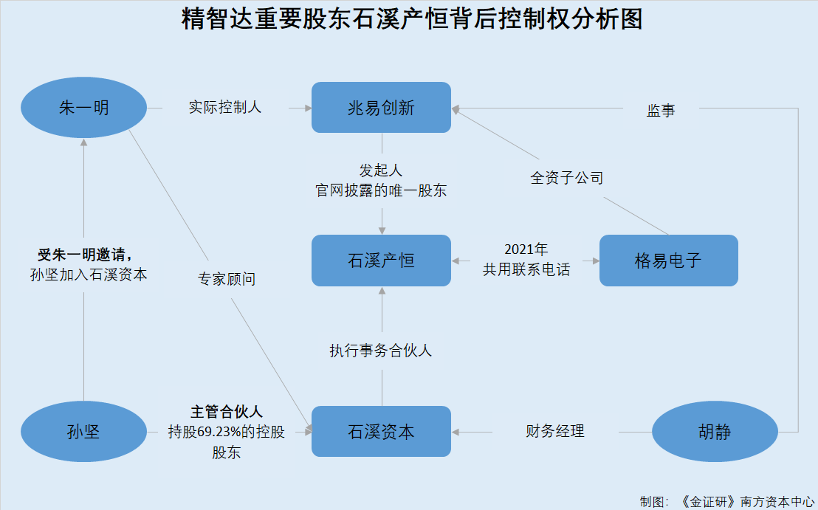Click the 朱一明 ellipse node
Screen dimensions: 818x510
pyautogui.click(x=83, y=108)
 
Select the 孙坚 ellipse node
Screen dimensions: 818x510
pyautogui.click(x=83, y=432)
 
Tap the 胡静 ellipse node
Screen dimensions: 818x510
pyautogui.click(x=715, y=432)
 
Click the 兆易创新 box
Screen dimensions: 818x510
pyautogui.click(x=382, y=108)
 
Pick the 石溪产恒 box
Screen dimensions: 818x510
pyautogui.click(x=382, y=261)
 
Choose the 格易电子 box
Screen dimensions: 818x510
pyautogui.click(x=668, y=261)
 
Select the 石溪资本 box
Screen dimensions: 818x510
pyautogui.click(x=382, y=431)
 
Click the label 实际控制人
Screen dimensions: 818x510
pyautogui.click(x=225, y=108)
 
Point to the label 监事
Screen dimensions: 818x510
pyautogui.click(x=661, y=110)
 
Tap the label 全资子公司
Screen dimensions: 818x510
pyautogui.click(x=567, y=178)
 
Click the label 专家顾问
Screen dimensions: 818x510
pyautogui.click(x=227, y=279)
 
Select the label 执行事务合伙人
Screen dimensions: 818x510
pyautogui.click(x=381, y=351)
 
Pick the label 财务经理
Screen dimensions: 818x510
pyautogui.click(x=555, y=431)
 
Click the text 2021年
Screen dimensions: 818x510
pyautogui.click(x=526, y=249)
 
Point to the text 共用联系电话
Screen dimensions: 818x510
pyautogui.click(x=526, y=269)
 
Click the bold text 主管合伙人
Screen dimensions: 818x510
pyautogui.click(x=227, y=412)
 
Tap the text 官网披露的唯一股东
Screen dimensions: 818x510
pyautogui.click(x=381, y=190)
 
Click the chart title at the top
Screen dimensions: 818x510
pyautogui.click(x=412, y=18)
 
